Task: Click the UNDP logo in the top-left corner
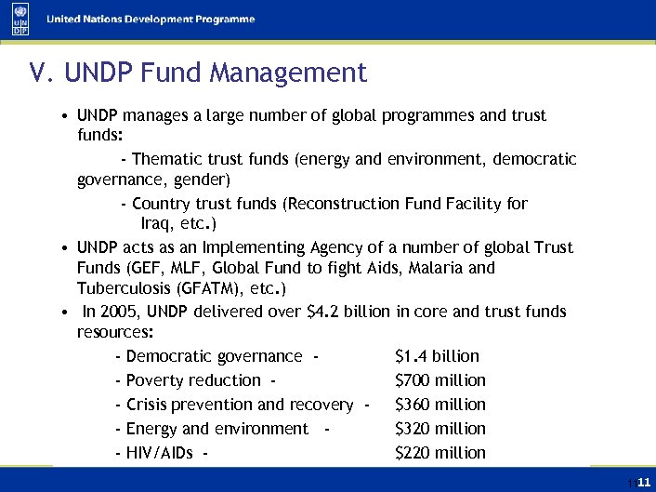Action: (20, 20)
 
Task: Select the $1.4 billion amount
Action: (437, 356)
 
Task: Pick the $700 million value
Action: (440, 380)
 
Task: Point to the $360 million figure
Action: (440, 405)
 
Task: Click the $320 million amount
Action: (440, 429)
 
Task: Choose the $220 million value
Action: (440, 453)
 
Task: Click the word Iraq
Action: (158, 224)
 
